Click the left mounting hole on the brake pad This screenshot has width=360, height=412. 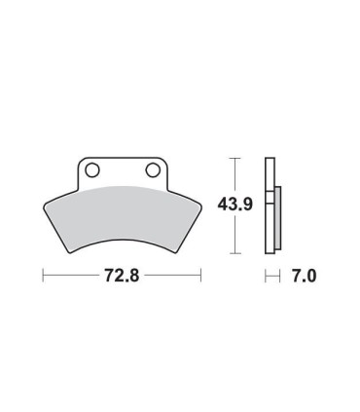(92, 171)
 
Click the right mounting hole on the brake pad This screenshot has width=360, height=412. (152, 171)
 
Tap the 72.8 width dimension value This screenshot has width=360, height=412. (120, 277)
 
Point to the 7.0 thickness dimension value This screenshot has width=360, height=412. (303, 277)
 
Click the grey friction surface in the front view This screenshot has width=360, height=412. (122, 209)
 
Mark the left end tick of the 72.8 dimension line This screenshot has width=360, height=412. (43, 277)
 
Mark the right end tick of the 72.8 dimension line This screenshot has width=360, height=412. (200, 277)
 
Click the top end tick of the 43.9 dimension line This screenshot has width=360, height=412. (233, 155)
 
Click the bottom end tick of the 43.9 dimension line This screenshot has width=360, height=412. (233, 253)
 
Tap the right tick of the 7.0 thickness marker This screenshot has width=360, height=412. (280, 277)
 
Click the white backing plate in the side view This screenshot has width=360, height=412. (270, 205)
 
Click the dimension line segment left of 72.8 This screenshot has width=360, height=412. (68, 277)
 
